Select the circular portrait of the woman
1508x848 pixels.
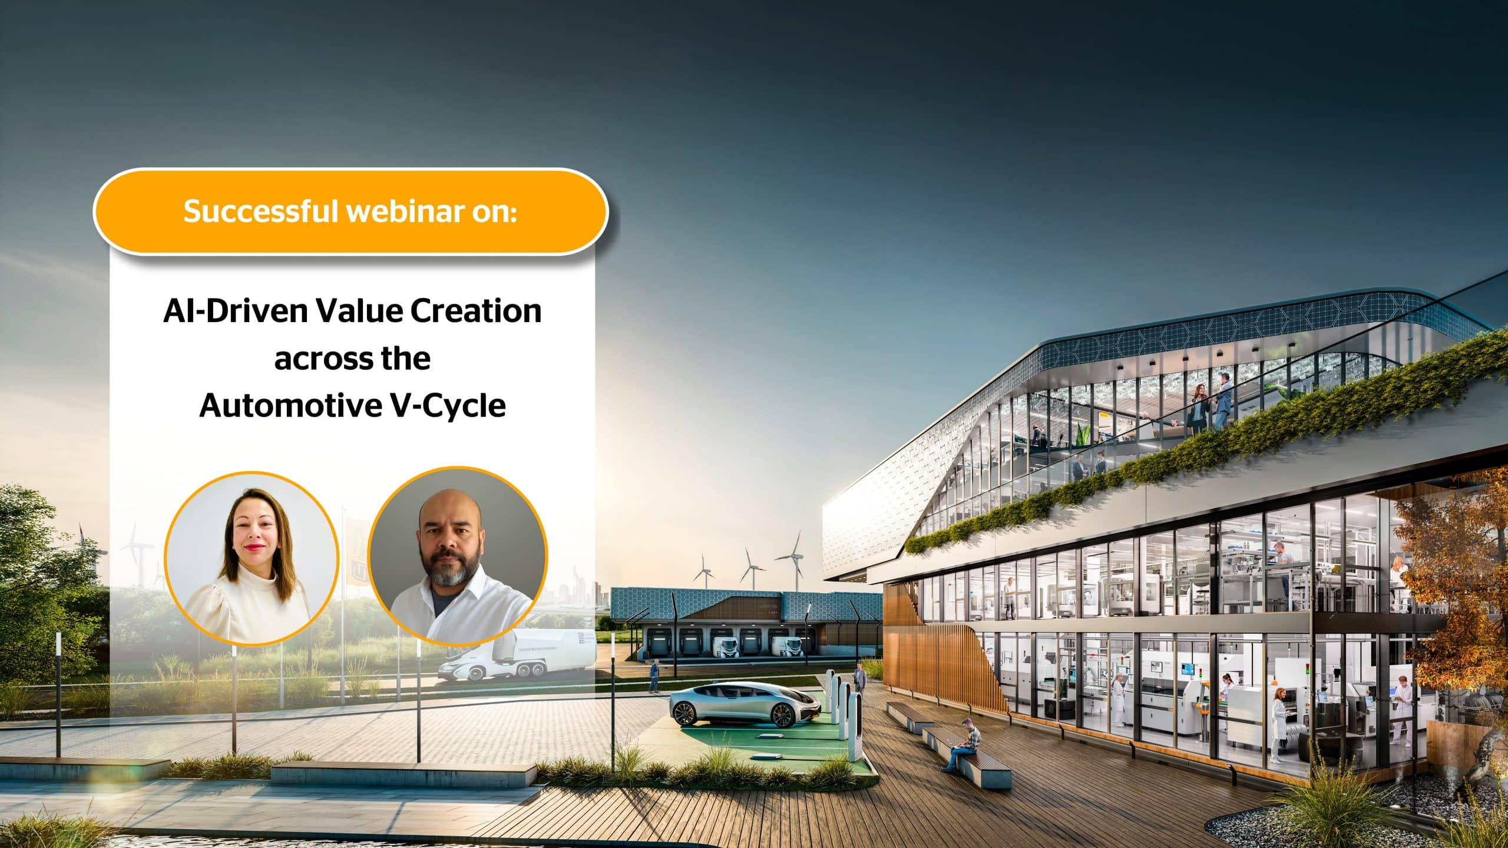tap(252, 556)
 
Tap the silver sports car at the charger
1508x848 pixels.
tap(745, 704)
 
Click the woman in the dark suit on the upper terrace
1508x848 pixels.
tap(1198, 406)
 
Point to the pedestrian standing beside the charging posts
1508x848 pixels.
tap(859, 677)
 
